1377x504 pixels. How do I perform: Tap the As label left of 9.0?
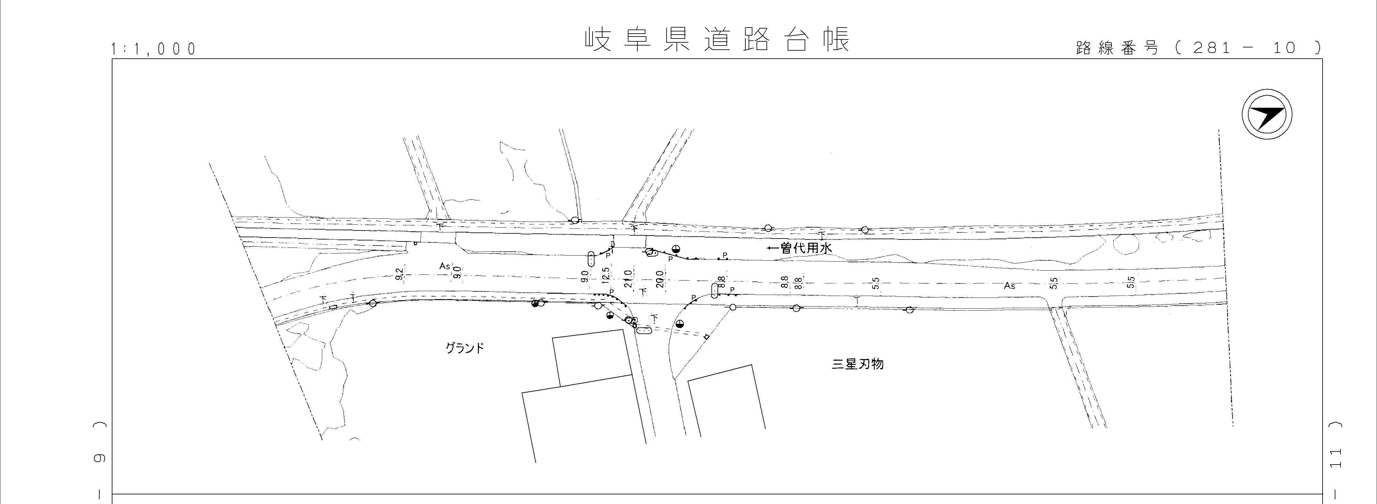coord(445,266)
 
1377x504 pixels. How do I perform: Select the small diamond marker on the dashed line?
coord(706,337)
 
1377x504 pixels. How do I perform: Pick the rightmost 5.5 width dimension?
coord(1131,282)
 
